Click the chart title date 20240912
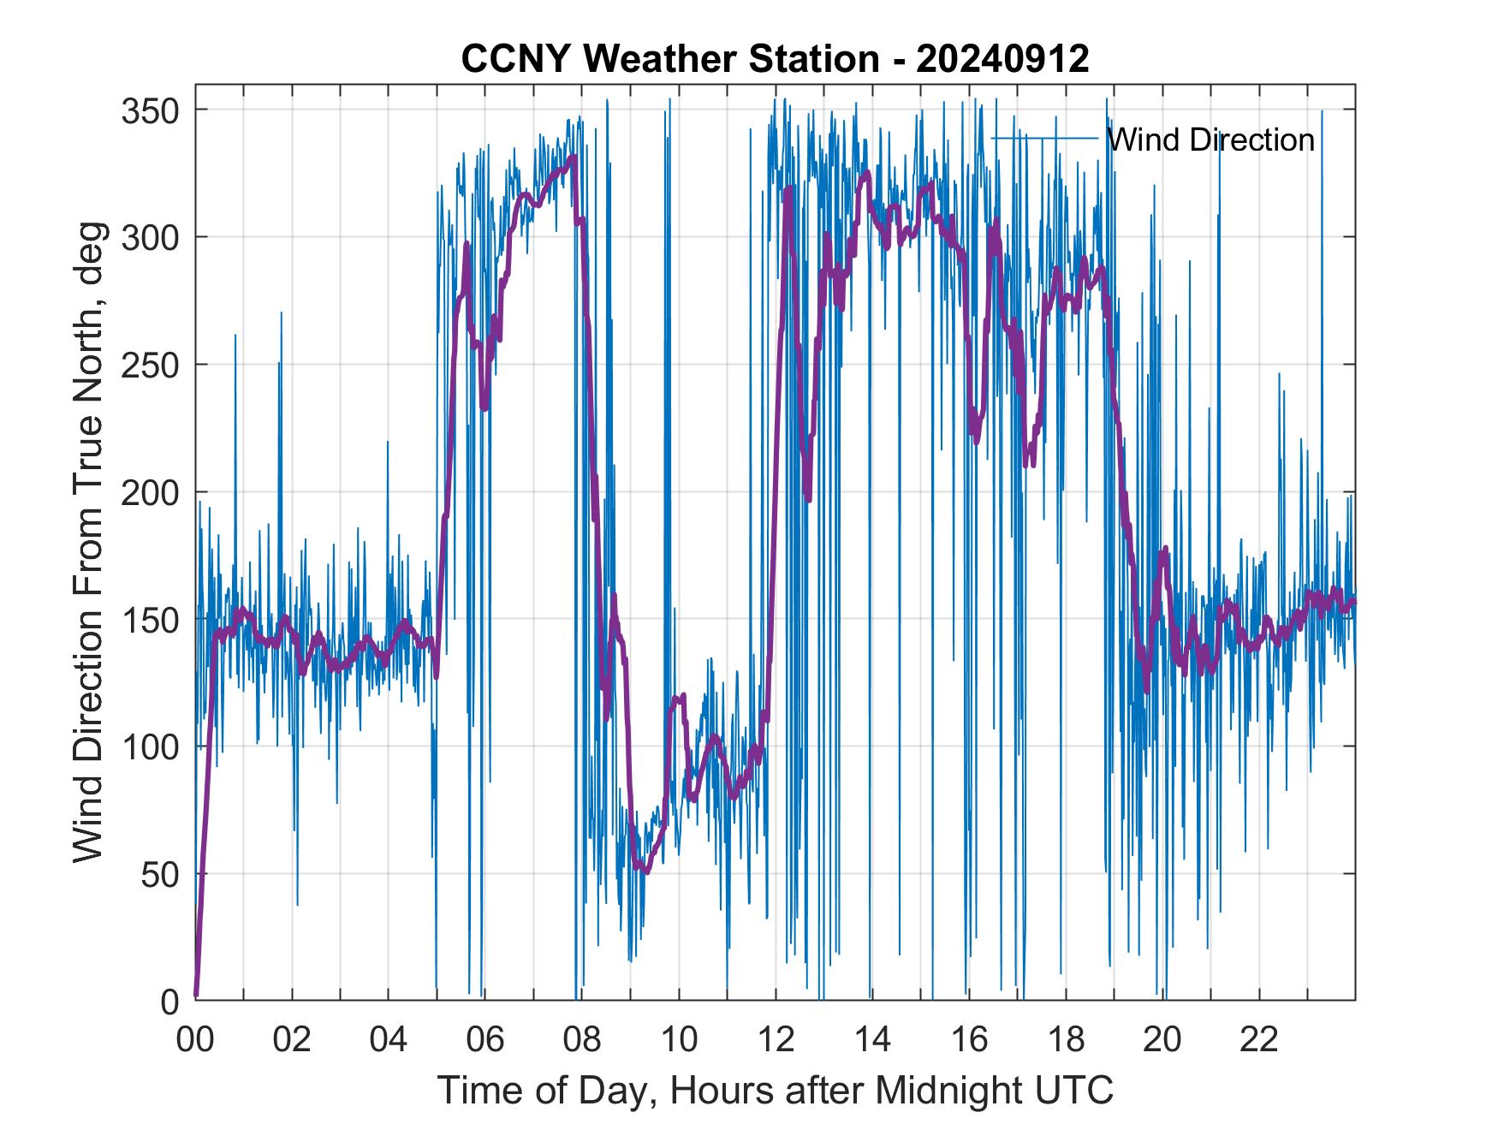tap(1002, 58)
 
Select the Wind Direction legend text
tap(1210, 140)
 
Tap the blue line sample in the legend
tap(1044, 138)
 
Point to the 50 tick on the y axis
tap(158, 874)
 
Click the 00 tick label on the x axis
tap(196, 1040)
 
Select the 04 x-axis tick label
tap(389, 1040)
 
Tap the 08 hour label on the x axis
tap(582, 1040)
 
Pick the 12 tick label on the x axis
tap(776, 1040)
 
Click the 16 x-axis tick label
tap(969, 1040)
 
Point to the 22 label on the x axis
tap(1259, 1040)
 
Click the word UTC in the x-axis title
tap(1078, 1091)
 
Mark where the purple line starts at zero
tap(197, 995)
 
